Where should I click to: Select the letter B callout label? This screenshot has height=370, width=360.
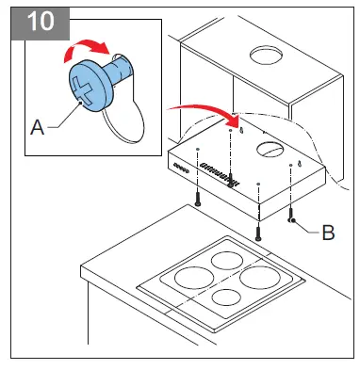coord(328,230)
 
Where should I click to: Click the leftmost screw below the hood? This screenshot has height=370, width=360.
coord(197,200)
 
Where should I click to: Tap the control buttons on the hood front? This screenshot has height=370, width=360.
coord(181,167)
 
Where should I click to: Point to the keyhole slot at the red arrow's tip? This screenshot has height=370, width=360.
coord(241,129)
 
